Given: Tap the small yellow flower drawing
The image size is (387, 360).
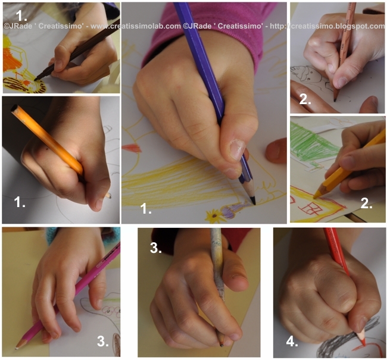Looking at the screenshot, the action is click(214, 216).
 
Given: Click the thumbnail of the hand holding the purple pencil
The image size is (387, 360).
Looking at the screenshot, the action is click(204, 113).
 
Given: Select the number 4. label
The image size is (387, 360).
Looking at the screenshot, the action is click(292, 342).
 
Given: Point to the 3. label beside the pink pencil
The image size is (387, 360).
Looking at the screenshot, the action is click(102, 341).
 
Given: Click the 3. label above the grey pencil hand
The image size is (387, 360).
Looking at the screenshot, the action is click(156, 248).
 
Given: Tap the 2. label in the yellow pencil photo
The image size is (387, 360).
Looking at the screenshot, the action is click(366, 204).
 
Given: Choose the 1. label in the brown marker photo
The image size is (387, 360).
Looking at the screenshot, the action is click(21, 15).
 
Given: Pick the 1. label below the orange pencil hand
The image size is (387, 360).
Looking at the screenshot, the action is click(20, 202).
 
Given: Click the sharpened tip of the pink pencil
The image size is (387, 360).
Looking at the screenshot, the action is click(17, 348).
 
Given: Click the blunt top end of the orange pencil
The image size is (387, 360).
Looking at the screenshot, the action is click(15, 108).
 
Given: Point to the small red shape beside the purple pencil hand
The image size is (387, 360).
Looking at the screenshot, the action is click(132, 148).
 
